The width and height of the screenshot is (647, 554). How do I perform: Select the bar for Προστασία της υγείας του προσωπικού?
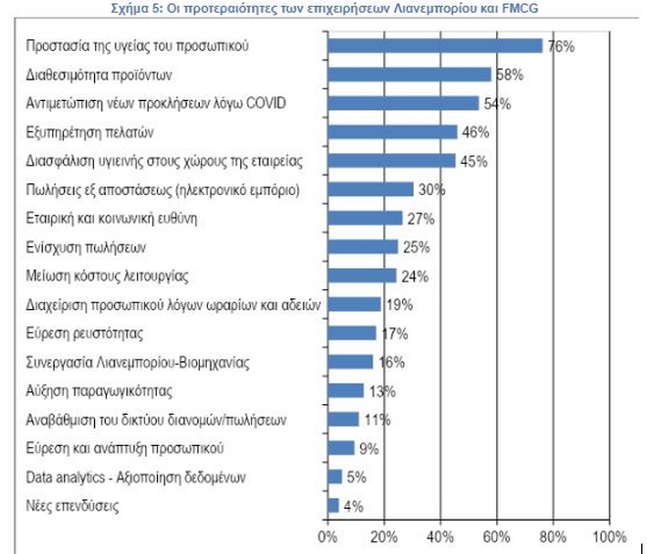coord(435,45)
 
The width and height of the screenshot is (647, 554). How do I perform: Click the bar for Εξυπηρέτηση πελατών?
coord(392,131)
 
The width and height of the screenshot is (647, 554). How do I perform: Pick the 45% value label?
coord(473,161)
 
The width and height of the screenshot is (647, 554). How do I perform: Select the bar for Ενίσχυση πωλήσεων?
coord(363,247)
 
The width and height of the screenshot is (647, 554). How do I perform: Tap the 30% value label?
coord(431,189)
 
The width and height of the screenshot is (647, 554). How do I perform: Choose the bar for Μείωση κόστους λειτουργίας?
coord(362,276)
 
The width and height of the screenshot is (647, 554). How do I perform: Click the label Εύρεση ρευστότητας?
coord(80,333)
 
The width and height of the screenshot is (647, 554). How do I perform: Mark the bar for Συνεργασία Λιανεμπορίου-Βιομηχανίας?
coord(350,362)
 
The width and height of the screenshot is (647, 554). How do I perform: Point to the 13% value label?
coord(382,391)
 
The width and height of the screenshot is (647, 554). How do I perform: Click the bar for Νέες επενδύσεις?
coord(333,506)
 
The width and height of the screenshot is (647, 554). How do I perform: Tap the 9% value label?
coord(369,448)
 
